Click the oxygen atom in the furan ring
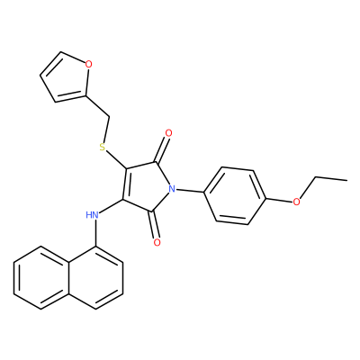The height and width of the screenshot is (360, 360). pyautogui.click(x=88, y=64)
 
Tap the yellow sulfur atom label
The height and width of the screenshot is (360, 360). pyautogui.click(x=103, y=147)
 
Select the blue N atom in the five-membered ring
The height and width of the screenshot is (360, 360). pyautogui.click(x=172, y=189)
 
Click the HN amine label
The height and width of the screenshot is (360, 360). pyautogui.click(x=92, y=215)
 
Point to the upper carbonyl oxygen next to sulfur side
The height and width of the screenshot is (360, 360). pyautogui.click(x=168, y=133)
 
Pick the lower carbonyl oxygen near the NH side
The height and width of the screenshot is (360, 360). pyautogui.click(x=157, y=242)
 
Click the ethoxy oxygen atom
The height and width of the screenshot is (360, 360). pyautogui.click(x=296, y=202)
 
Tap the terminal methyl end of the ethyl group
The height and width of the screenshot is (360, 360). pyautogui.click(x=347, y=180)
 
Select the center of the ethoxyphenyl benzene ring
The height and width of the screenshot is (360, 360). pyautogui.click(x=235, y=196)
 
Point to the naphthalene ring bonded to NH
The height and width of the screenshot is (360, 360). pyautogui.click(x=95, y=278)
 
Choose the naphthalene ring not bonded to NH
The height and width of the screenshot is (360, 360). pyautogui.click(x=41, y=278)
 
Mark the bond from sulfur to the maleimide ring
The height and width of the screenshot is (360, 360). pyautogui.click(x=116, y=160)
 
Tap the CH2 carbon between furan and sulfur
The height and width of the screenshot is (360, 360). pyautogui.click(x=109, y=116)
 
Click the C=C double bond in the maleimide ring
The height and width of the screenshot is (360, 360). pyautogui.click(x=125, y=184)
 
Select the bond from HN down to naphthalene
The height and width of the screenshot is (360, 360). pyautogui.click(x=96, y=233)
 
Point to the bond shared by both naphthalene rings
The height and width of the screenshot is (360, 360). pyautogui.click(x=68, y=278)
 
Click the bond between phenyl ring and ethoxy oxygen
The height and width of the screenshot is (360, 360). pyautogui.click(x=279, y=200)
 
